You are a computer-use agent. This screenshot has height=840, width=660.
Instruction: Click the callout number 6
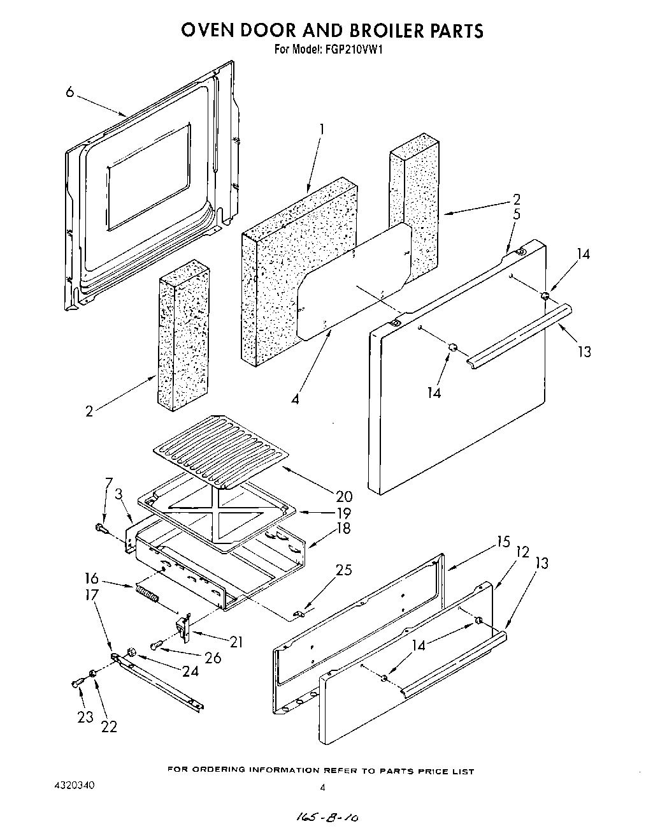point(69,92)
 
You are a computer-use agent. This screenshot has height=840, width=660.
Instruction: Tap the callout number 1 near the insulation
point(322,129)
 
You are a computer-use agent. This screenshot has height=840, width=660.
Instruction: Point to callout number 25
point(343,570)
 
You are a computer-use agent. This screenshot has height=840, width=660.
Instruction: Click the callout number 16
point(92,578)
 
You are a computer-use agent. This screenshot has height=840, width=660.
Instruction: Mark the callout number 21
point(236,642)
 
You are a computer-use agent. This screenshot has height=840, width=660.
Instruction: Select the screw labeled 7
point(101,528)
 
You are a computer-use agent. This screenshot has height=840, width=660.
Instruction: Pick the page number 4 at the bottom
point(323,788)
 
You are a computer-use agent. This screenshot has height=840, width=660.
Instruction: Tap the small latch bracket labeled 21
point(185,626)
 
